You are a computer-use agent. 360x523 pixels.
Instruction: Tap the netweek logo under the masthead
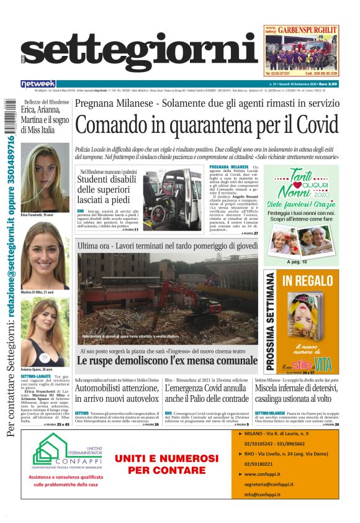pos(38,83)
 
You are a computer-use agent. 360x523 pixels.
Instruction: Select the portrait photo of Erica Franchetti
pos(45,177)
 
